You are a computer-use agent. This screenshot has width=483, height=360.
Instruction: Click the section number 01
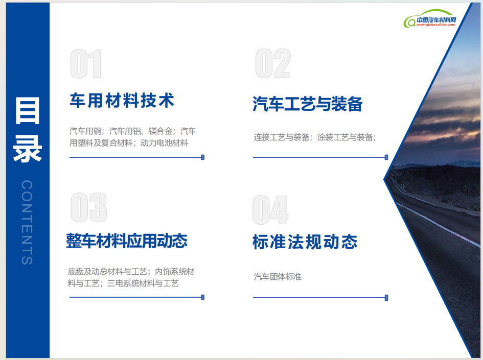pos(86,64)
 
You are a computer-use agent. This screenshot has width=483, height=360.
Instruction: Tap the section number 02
pos(273,63)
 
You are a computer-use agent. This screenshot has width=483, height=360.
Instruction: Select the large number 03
pos(89,207)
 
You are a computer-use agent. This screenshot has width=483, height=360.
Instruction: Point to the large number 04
pos(270,210)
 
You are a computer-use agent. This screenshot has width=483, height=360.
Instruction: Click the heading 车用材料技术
pos(122,100)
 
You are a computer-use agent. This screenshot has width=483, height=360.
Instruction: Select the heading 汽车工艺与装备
pos(307,104)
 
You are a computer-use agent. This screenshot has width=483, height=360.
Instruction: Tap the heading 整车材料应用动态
pos(127,241)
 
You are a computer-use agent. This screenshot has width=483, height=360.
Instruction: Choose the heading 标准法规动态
pos(305,242)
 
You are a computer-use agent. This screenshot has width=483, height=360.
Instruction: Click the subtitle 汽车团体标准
pos(278,277)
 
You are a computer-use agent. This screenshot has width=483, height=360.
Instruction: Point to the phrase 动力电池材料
pos(164,143)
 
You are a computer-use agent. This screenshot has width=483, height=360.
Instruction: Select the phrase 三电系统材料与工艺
pos(143,283)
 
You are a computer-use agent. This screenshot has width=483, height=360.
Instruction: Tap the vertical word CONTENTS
pos(27,222)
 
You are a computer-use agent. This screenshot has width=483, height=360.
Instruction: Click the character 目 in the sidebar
pos(28,111)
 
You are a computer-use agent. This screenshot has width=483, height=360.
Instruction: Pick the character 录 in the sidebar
pos(28,149)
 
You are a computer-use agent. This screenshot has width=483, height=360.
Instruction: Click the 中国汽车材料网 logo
pos(430,18)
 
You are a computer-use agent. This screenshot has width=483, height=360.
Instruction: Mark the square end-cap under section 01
pos(203,157)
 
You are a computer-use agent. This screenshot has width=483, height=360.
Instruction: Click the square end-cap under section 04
pos(386,298)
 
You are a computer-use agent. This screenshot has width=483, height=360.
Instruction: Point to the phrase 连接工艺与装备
pos(282,137)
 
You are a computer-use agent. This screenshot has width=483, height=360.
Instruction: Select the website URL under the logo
pos(435,25)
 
